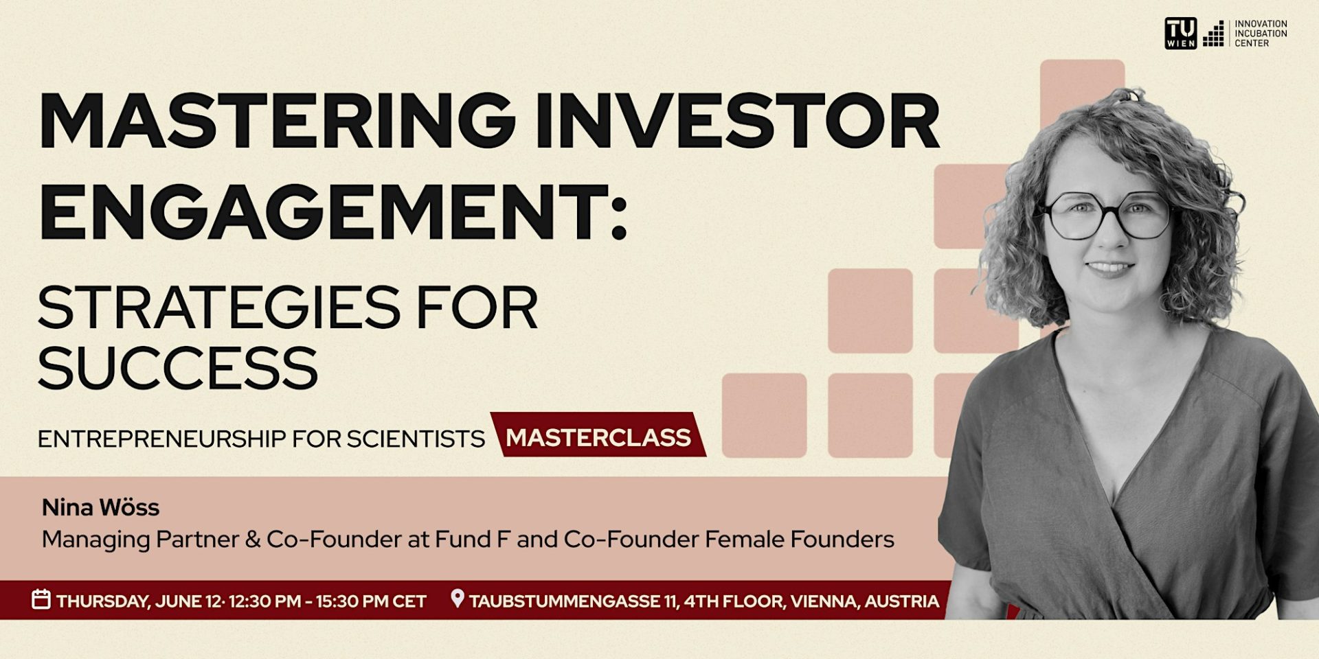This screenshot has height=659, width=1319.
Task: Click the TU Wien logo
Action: (x=1180, y=33)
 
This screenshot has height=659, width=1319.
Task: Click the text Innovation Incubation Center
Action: (x=1260, y=33)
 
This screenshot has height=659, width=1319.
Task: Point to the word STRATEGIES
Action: (x=218, y=308)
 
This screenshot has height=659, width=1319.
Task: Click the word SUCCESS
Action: (x=177, y=368)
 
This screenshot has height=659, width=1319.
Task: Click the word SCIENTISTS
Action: (x=415, y=439)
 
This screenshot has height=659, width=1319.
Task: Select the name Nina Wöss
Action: (x=100, y=508)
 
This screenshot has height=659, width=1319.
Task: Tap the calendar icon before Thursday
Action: (x=41, y=599)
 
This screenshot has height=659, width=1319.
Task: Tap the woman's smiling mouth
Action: (x=1110, y=267)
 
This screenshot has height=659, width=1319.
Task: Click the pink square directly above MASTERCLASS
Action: (x=764, y=415)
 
